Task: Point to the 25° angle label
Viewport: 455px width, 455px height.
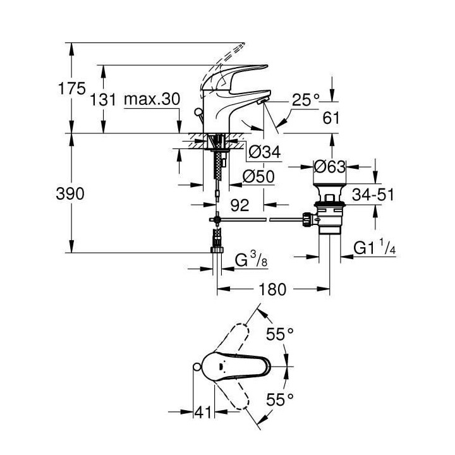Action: pyautogui.click(x=306, y=99)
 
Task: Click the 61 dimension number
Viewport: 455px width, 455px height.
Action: pyautogui.click(x=331, y=118)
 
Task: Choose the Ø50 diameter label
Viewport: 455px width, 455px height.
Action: pyautogui.click(x=259, y=178)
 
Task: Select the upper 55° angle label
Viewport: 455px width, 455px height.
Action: pyautogui.click(x=280, y=336)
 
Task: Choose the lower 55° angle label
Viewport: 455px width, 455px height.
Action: pyautogui.click(x=280, y=399)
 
